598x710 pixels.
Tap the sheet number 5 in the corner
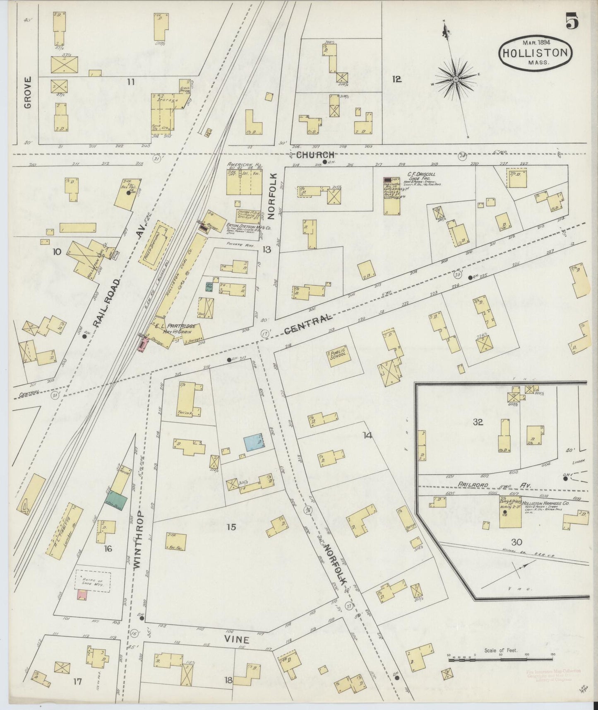[x=572, y=21]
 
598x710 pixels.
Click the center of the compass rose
[x=455, y=79]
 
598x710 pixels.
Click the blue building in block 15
[x=254, y=442]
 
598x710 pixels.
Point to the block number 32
[x=478, y=422]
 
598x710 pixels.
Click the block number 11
[x=131, y=82]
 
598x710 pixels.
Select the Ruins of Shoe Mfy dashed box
[x=93, y=581]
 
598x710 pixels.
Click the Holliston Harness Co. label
[x=546, y=502]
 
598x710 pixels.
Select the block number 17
[x=77, y=681]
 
